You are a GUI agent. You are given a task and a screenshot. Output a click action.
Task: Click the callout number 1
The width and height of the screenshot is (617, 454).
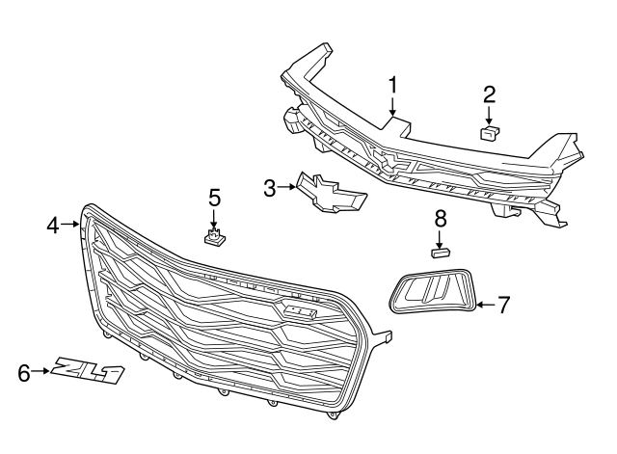(392, 85)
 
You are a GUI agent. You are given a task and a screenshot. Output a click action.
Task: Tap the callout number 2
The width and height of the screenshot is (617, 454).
(489, 93)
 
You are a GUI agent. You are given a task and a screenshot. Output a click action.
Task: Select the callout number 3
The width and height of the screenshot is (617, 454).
(271, 187)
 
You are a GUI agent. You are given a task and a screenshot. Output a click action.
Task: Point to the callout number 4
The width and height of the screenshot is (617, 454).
(53, 226)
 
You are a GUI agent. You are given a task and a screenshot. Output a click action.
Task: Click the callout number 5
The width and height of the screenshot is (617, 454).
(214, 198)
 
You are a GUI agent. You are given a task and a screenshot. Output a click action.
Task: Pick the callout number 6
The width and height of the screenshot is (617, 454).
(24, 370)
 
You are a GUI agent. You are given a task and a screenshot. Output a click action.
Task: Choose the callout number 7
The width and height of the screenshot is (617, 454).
(502, 306)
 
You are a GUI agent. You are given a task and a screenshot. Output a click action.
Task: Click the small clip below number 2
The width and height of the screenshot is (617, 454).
(490, 133)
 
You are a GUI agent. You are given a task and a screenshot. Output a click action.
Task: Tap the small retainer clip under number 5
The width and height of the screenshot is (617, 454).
(214, 236)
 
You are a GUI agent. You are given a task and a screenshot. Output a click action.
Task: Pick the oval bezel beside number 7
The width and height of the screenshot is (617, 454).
(433, 292)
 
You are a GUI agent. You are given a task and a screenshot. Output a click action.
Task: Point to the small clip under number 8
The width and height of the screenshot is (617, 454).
(440, 254)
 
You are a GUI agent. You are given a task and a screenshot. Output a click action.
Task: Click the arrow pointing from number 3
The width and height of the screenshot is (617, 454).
(289, 187)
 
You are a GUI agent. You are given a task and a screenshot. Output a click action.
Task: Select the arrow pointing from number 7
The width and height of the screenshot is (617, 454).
(485, 306)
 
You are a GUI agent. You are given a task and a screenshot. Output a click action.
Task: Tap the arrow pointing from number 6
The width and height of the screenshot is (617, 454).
(43, 370)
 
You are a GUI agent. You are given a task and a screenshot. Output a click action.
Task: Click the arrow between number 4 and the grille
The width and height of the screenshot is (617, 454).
(71, 226)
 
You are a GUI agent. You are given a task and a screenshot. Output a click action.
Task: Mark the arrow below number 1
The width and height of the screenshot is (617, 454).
(392, 108)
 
